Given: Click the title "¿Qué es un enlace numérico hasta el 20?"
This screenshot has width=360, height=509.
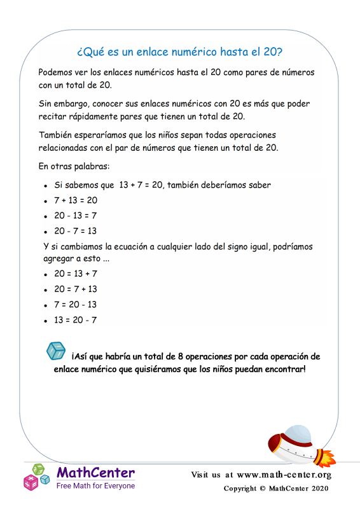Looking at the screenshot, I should coord(180,50).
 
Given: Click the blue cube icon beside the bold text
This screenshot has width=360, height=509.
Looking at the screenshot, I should coord(56,351).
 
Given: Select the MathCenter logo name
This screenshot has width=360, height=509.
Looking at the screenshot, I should coord(95,473).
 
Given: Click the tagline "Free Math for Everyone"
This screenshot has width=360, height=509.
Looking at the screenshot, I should coord(95,485).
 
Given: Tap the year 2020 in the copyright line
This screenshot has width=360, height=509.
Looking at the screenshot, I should coord(318,489).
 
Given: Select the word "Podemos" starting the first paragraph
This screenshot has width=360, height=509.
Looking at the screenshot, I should coord(56,73).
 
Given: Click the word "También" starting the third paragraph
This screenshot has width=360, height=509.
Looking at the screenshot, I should coord(55,136).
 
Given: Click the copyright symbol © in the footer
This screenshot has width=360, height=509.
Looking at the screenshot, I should coord(262,489).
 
